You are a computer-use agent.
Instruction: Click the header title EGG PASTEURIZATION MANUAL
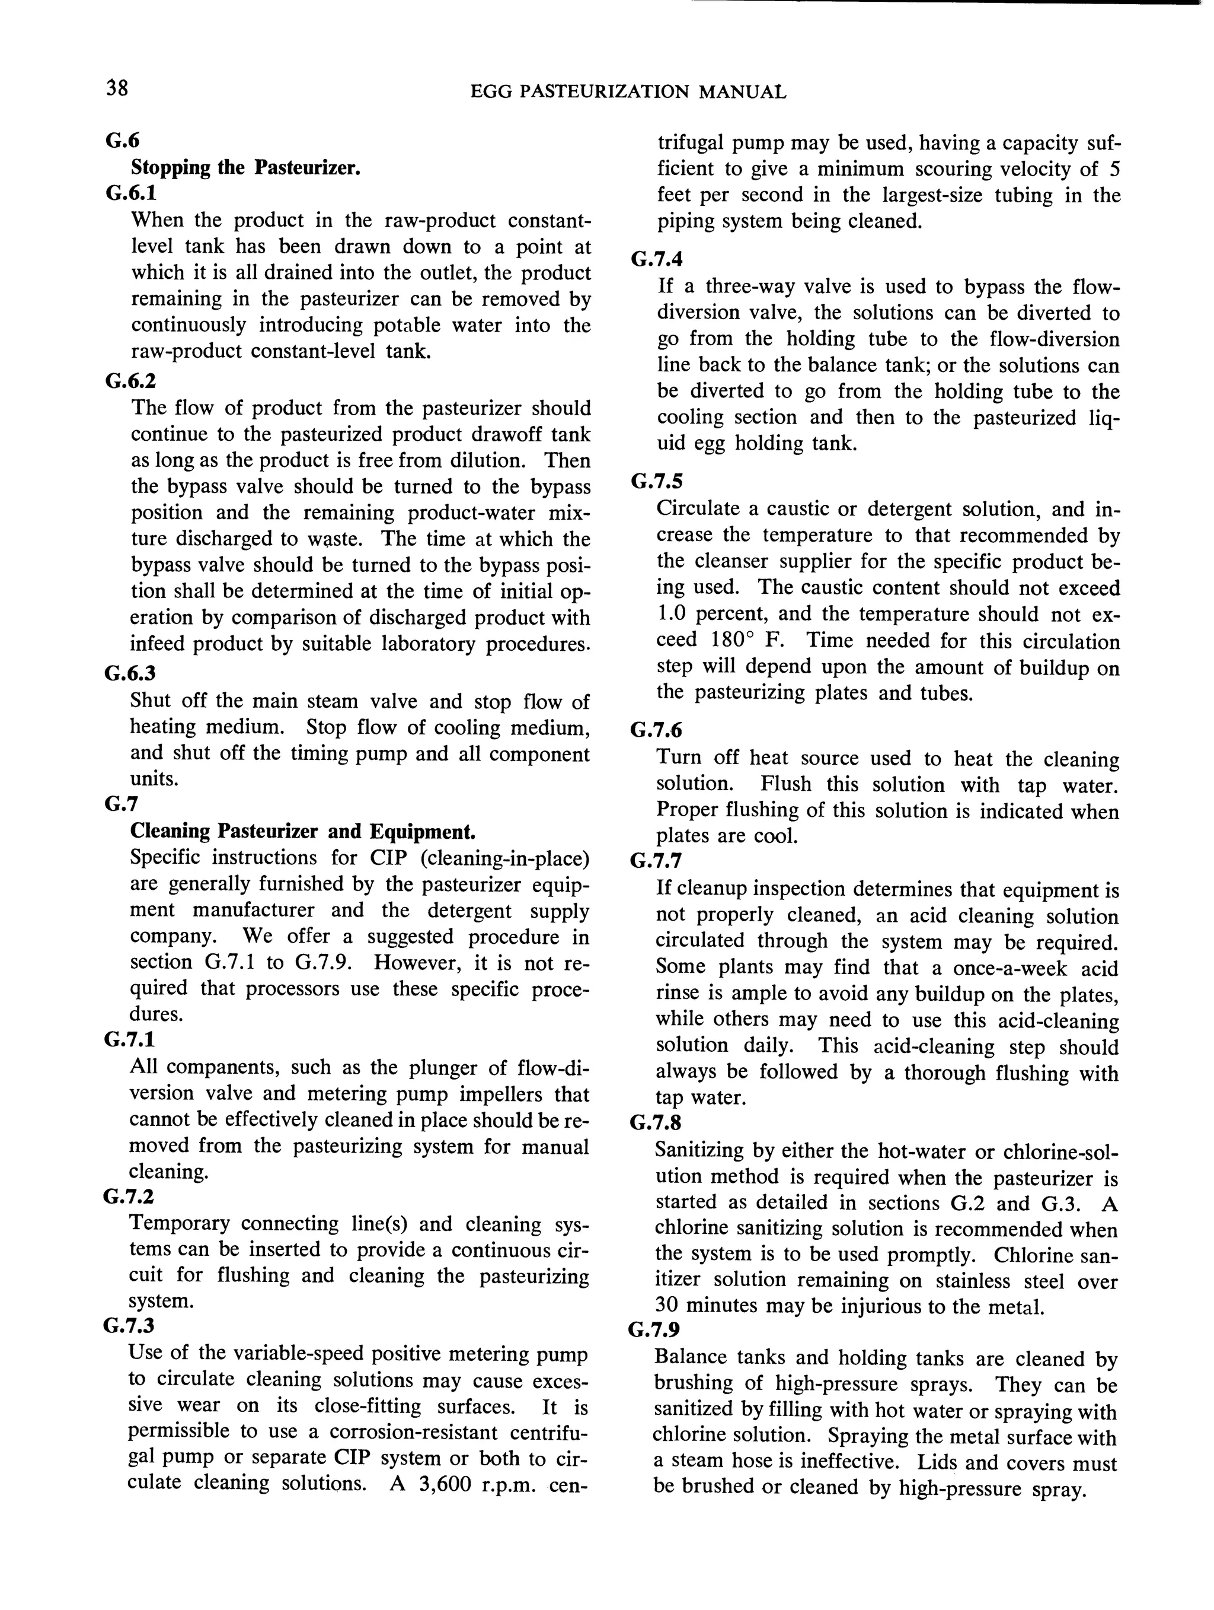pyautogui.click(x=628, y=92)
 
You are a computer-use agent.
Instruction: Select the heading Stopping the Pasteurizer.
pyautogui.click(x=246, y=167)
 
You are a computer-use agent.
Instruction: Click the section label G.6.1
pyautogui.click(x=131, y=193)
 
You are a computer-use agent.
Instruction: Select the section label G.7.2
pyautogui.click(x=129, y=1197)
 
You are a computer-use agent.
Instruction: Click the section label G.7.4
pyautogui.click(x=657, y=259)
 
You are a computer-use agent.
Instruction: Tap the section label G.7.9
pyautogui.click(x=654, y=1330)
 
